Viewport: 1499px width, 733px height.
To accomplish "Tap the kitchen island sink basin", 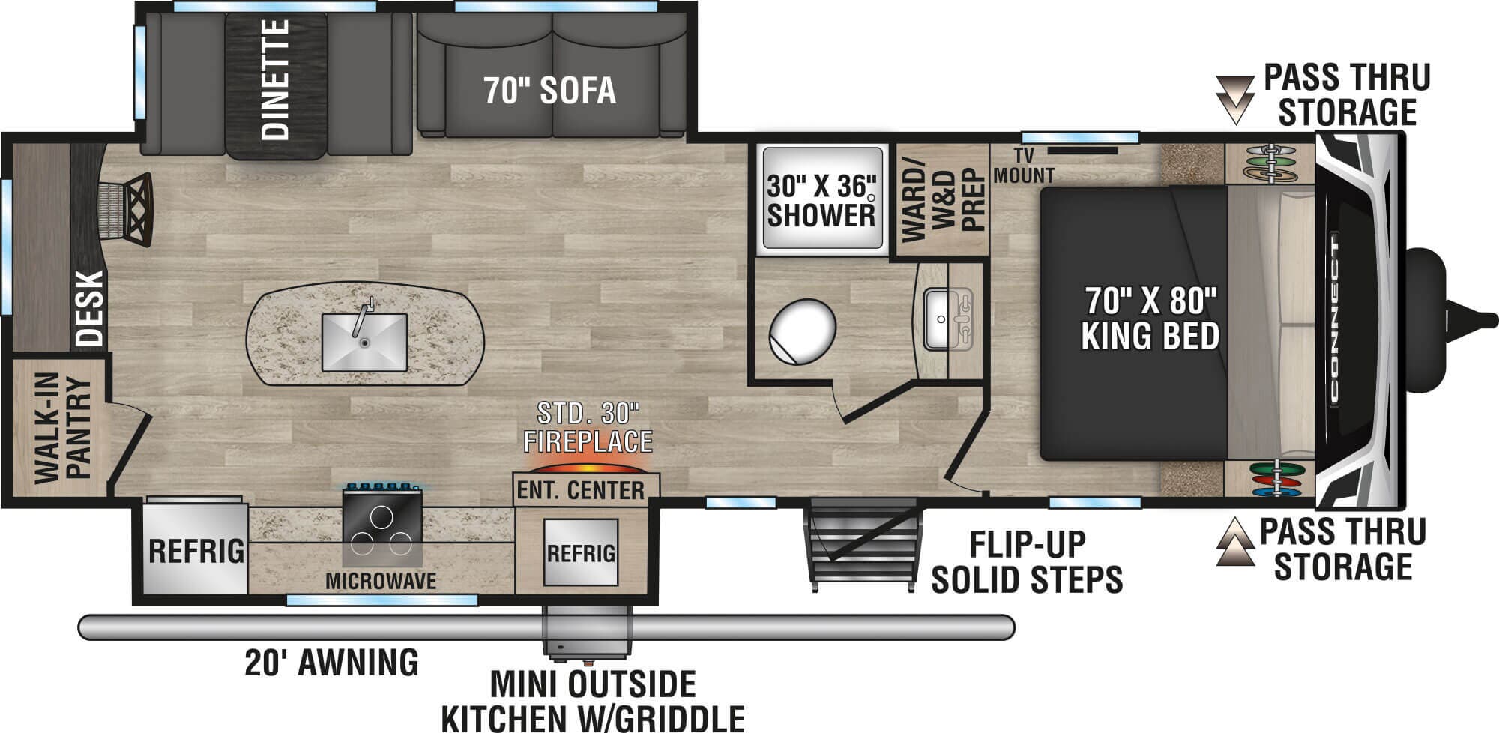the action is click(364, 343).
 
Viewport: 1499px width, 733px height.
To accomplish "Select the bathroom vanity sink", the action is click(947, 319).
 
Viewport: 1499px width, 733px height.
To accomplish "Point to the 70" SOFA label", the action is click(549, 91).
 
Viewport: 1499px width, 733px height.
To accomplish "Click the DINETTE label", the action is click(276, 79).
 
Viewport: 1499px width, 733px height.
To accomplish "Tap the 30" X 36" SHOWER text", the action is click(821, 202).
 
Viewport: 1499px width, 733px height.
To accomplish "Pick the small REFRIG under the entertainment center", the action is click(581, 553).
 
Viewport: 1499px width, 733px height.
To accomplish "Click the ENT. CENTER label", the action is click(581, 490).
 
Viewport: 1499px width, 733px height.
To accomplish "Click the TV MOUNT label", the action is click(1024, 166).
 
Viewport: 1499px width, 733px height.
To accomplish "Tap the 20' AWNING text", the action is click(331, 662).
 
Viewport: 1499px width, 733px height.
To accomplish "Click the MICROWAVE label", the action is click(381, 580).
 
